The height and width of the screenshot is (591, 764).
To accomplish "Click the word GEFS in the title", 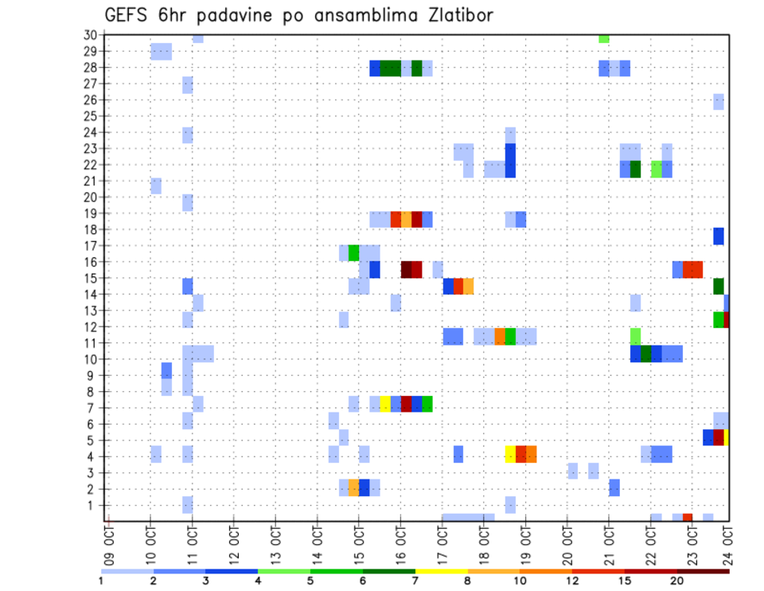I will [x=127, y=15].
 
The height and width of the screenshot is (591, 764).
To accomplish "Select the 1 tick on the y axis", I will [x=93, y=505].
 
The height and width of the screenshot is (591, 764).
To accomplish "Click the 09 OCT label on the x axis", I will [x=109, y=534].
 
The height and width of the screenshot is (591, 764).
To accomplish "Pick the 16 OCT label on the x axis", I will [x=400, y=534].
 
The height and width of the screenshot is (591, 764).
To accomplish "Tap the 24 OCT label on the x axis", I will [x=728, y=534].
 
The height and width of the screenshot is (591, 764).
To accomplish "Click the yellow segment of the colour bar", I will [x=441, y=571].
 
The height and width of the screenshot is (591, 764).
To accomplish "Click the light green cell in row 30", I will [x=604, y=38].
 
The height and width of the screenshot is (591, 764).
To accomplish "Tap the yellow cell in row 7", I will [x=385, y=404].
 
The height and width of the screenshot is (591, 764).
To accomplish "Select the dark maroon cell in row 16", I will [x=406, y=269].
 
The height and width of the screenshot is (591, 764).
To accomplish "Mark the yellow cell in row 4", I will [x=510, y=454].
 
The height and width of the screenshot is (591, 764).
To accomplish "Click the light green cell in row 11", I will [x=635, y=335].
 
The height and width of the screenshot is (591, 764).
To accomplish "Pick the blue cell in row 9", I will [x=166, y=370].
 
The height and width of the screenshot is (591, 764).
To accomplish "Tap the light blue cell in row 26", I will [x=719, y=101].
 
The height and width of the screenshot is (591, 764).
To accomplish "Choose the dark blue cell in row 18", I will [x=719, y=236].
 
